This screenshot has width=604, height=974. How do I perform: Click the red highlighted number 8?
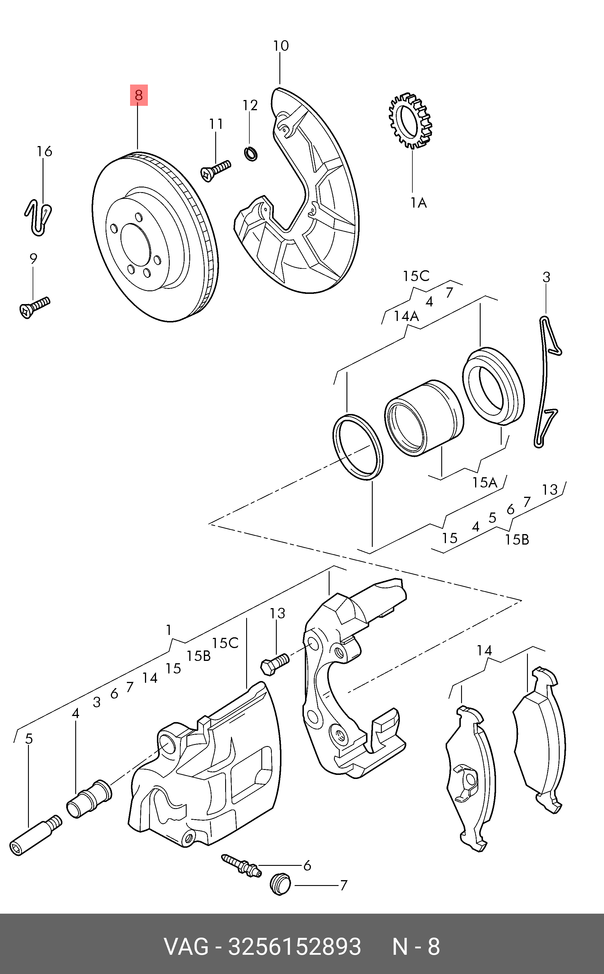[x=139, y=95]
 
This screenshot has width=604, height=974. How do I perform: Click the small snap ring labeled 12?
[x=251, y=154]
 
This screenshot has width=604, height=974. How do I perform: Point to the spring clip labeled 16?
[x=38, y=217]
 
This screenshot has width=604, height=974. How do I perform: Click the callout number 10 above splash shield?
[x=281, y=46]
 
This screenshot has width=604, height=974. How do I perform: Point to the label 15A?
[x=484, y=482]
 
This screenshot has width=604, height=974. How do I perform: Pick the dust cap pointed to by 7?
[x=281, y=885]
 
